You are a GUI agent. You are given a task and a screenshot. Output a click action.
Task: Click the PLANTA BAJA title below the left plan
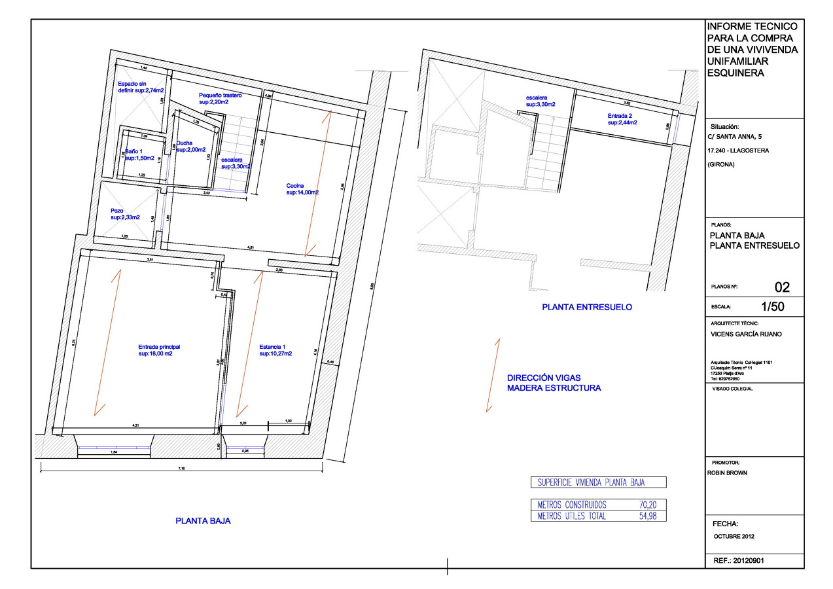203,522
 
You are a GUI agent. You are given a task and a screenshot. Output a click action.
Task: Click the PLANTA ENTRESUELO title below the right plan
587,307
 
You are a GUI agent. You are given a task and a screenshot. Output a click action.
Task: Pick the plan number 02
782,287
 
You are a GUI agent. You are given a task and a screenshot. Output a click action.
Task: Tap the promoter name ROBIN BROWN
727,473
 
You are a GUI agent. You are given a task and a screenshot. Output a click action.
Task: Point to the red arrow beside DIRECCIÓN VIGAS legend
493,375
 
